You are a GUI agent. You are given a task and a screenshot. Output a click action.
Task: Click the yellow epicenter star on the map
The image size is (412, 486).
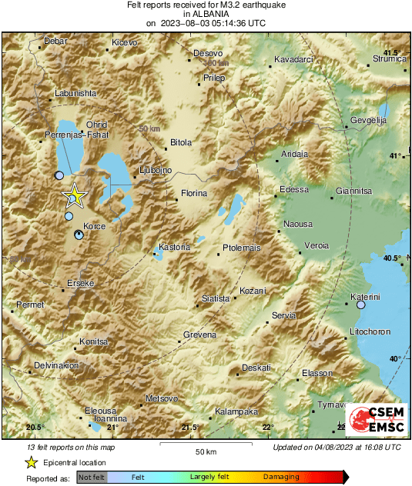pos(75,195)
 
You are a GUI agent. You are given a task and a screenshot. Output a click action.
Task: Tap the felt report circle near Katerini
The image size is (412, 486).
pos(361,305)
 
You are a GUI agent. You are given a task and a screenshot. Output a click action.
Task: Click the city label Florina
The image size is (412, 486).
pos(194,194)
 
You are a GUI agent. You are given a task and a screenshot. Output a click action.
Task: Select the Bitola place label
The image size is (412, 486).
pos(181,142)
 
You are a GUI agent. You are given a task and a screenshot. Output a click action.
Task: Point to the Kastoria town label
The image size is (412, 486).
pos(173,247)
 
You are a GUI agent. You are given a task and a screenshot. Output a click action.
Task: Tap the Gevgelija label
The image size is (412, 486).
pos(368,121)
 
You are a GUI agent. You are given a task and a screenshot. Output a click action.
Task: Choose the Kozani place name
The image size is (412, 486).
pos(253,291)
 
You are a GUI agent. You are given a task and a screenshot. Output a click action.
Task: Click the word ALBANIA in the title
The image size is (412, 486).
pos(206,14)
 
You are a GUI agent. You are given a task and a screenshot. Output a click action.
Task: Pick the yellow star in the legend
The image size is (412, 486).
pos(32,462)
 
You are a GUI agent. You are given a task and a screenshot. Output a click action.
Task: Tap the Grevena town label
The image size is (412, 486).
pos(199,335)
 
